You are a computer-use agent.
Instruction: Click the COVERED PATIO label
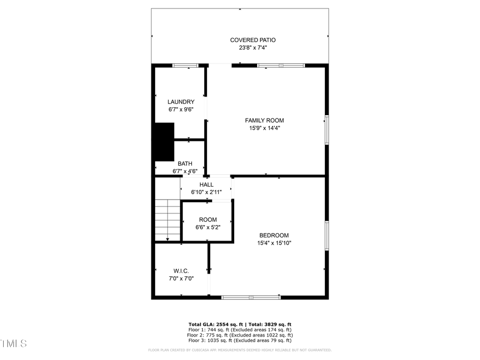point(253,40)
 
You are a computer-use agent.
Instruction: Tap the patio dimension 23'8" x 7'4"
point(253,47)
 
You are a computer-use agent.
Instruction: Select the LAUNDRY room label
point(181,102)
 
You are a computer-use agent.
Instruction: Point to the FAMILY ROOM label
point(265,121)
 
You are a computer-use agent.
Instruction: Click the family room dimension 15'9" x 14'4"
point(265,128)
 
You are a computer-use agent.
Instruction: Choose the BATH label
point(185,164)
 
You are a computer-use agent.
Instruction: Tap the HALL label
point(206,185)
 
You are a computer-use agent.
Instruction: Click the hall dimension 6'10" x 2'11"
point(206,192)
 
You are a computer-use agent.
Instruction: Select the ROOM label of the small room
point(208,220)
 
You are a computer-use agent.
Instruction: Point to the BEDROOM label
point(274,235)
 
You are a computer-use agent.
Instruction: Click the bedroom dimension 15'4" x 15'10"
point(274,243)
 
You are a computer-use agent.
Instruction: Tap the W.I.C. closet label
point(181,271)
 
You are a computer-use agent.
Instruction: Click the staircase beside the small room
point(167,220)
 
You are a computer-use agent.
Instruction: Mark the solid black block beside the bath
point(164,141)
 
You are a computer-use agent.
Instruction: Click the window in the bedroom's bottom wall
point(251,297)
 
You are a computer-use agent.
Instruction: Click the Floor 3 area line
point(240,340)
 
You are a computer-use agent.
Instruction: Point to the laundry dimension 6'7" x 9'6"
point(181,109)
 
